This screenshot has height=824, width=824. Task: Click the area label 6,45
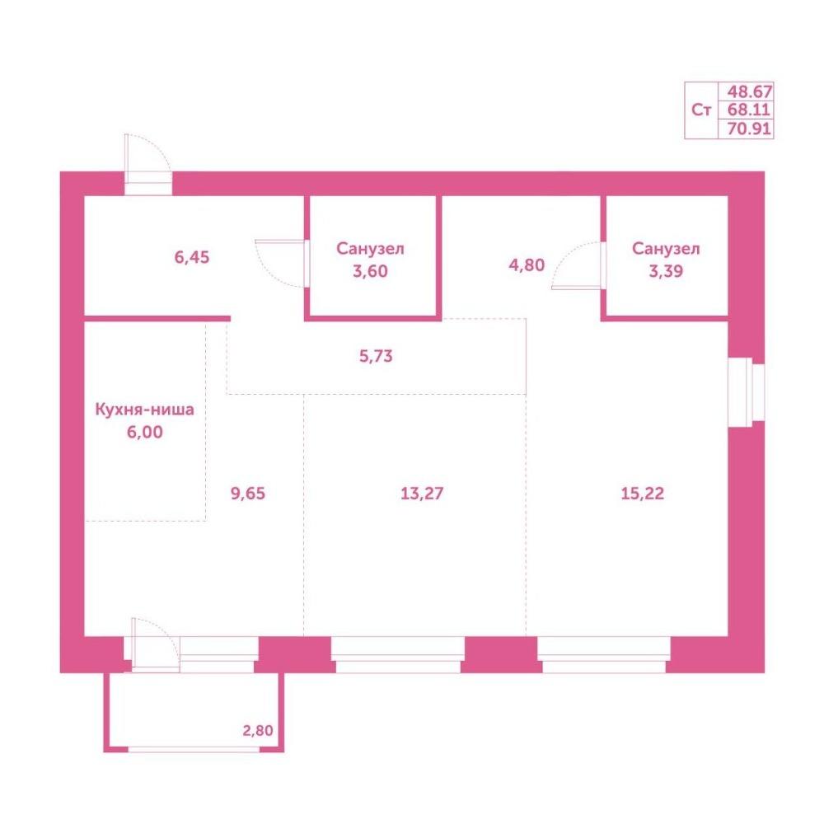click(192, 257)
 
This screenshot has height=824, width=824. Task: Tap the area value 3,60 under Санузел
click(370, 271)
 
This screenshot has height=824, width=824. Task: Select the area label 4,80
click(527, 265)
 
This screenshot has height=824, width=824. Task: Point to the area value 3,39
click(666, 271)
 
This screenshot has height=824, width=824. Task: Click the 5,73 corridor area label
click(376, 356)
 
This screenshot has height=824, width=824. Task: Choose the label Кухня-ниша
click(144, 410)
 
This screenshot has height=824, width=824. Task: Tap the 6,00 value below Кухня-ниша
click(144, 432)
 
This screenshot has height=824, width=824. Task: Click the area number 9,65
click(248, 494)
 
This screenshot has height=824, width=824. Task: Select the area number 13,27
click(422, 494)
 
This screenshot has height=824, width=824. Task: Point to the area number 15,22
click(642, 494)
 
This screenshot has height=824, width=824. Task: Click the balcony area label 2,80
click(257, 730)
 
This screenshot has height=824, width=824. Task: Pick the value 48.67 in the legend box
click(749, 92)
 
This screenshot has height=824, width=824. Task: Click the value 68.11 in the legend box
click(749, 110)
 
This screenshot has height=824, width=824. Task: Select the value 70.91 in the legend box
click(749, 129)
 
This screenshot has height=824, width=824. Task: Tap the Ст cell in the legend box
click(701, 110)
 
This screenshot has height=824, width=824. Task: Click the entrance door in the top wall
click(147, 165)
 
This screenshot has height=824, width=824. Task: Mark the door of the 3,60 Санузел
click(282, 264)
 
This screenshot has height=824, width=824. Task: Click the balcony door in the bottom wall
click(155, 645)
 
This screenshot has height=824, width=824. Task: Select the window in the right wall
click(746, 392)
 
